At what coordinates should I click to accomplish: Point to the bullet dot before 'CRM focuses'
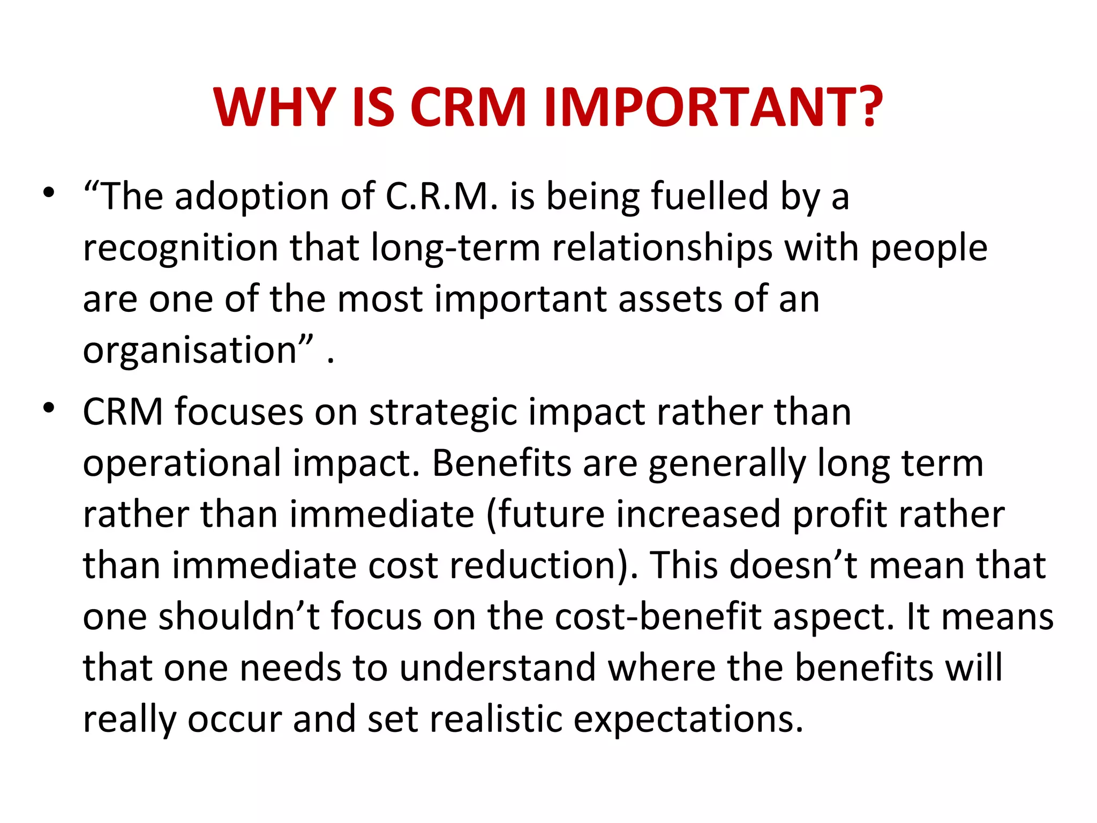pos(49,408)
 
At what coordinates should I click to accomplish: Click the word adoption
pos(252,197)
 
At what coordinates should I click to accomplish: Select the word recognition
pos(181,249)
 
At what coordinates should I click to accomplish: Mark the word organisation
pos(190,351)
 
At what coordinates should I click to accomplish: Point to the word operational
pos(182,464)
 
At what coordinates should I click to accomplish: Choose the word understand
pos(498,668)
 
